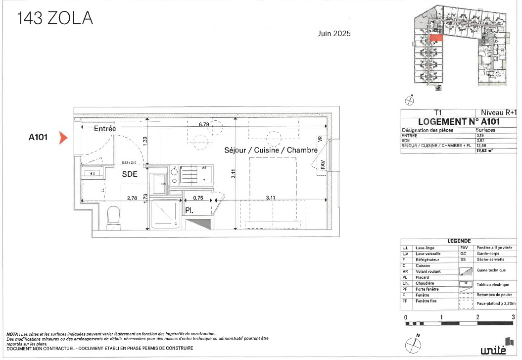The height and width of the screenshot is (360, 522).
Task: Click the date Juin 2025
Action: pyautogui.click(x=334, y=34)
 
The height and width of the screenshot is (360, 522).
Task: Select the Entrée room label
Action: pyautogui.click(x=105, y=128)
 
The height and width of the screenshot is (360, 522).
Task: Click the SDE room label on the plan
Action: pyautogui.click(x=130, y=174)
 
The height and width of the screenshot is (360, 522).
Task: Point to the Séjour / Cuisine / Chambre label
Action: pyautogui.click(x=271, y=150)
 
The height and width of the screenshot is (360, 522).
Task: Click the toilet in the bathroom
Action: pyautogui.click(x=114, y=216)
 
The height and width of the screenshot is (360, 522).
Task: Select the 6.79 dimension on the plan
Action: pyautogui.click(x=203, y=124)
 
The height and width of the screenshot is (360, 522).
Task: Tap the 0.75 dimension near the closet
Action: pyautogui.click(x=197, y=198)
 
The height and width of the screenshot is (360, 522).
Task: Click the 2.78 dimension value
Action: pyautogui.click(x=132, y=198)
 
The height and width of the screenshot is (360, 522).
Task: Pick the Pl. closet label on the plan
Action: pyautogui.click(x=189, y=210)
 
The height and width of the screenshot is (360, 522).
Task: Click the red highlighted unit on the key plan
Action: pyautogui.click(x=435, y=37)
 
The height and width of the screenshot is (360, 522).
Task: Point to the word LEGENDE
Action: pyautogui.click(x=459, y=241)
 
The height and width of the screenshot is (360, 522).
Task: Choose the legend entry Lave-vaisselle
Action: pyautogui.click(x=428, y=254)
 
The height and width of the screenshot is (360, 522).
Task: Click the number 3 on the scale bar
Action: pyautogui.click(x=513, y=316)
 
